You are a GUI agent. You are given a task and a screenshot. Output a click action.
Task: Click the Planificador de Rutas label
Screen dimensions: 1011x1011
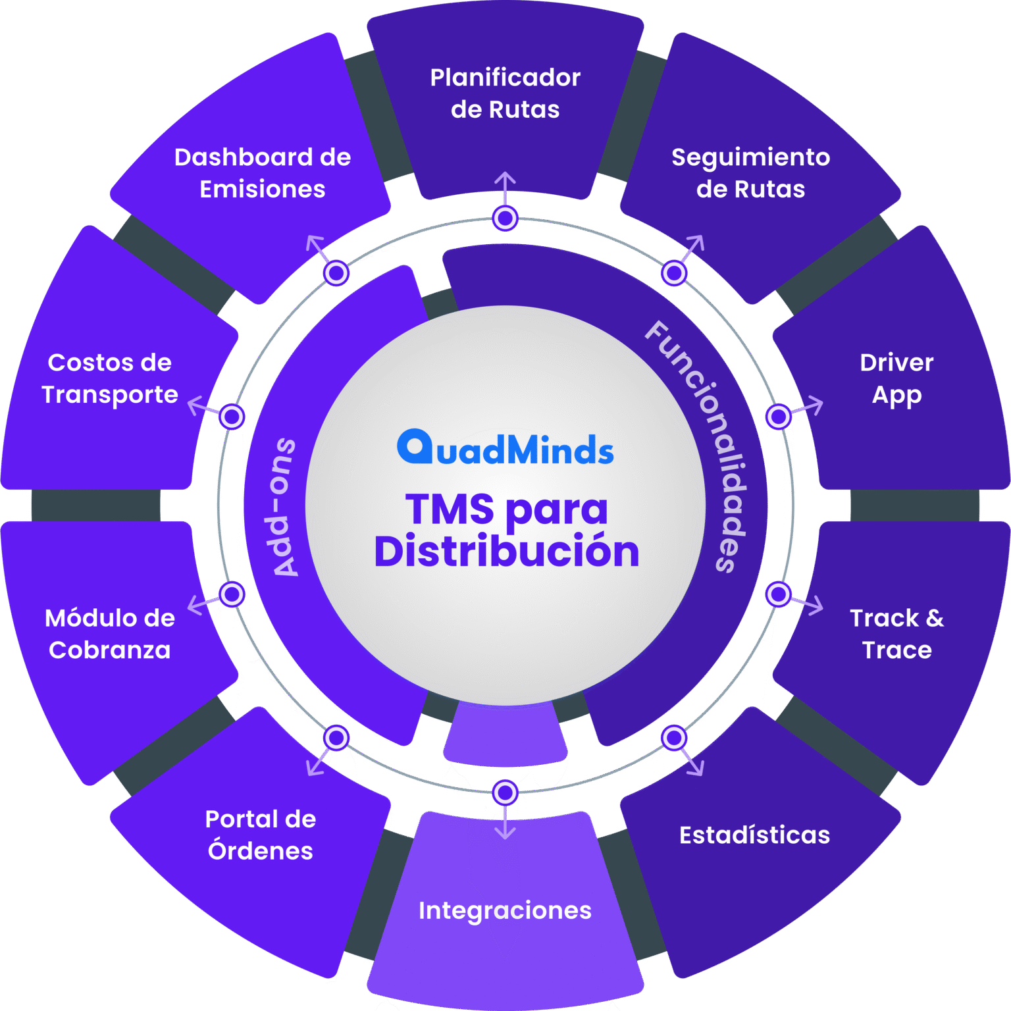pyautogui.click(x=505, y=93)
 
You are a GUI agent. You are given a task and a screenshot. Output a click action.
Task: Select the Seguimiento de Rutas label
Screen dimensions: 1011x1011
pyautogui.click(x=750, y=173)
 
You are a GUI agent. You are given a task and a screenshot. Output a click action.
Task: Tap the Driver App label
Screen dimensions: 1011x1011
pyautogui.click(x=896, y=378)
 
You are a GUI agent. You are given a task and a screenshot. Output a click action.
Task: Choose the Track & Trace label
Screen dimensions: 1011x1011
pyautogui.click(x=896, y=634)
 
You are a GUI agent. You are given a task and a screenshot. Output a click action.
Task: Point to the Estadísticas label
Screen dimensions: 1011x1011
pyautogui.click(x=754, y=835)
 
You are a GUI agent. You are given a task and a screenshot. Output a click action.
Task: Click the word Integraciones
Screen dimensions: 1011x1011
pyautogui.click(x=505, y=910)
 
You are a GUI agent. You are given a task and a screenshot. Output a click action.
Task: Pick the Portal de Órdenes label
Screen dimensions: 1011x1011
pyautogui.click(x=261, y=835)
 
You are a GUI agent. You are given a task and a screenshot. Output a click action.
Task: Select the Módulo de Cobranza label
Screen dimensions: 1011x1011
pyautogui.click(x=110, y=634)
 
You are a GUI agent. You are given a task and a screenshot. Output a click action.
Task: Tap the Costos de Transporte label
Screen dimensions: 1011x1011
pyautogui.click(x=110, y=378)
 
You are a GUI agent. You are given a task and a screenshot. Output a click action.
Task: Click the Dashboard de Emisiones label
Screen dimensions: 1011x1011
pyautogui.click(x=263, y=173)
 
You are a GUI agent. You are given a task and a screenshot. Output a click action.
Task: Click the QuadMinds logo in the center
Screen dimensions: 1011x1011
pyautogui.click(x=505, y=448)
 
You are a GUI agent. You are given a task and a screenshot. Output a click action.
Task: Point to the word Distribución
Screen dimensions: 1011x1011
pyautogui.click(x=506, y=552)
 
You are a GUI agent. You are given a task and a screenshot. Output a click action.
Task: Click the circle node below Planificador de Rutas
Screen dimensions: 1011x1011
pyautogui.click(x=505, y=218)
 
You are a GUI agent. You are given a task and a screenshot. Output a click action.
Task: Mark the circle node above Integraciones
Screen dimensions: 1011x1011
pyautogui.click(x=505, y=792)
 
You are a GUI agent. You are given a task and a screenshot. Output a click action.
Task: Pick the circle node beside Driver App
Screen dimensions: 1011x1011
pyautogui.click(x=778, y=417)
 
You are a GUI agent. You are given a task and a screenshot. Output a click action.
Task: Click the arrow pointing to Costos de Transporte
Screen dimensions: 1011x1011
pyautogui.click(x=201, y=407)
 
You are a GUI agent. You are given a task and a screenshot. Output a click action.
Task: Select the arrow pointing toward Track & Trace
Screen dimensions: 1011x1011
pyautogui.click(x=809, y=603)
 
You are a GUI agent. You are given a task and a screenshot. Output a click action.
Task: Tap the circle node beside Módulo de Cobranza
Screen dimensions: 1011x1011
pyautogui.click(x=232, y=594)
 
